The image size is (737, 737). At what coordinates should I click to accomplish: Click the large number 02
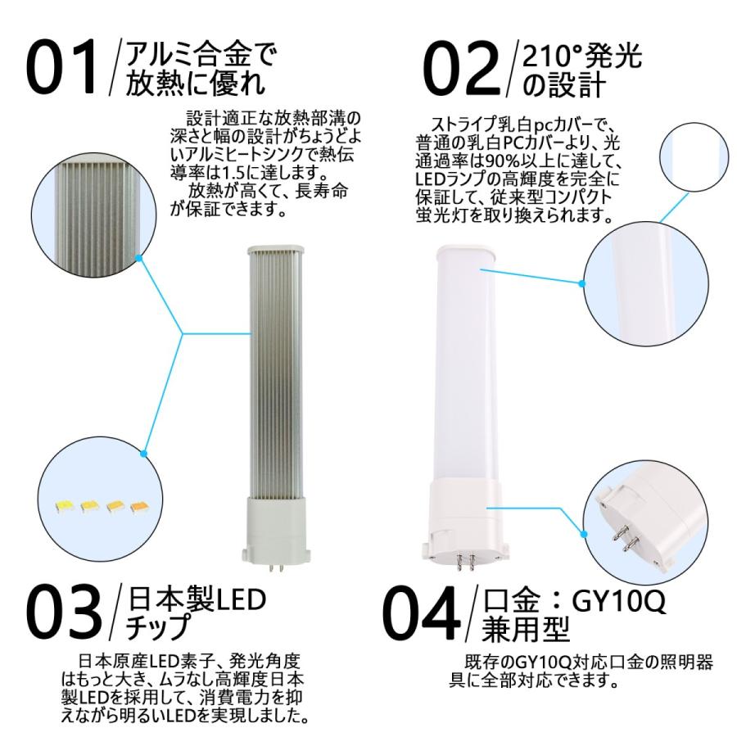coord(459,66)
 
